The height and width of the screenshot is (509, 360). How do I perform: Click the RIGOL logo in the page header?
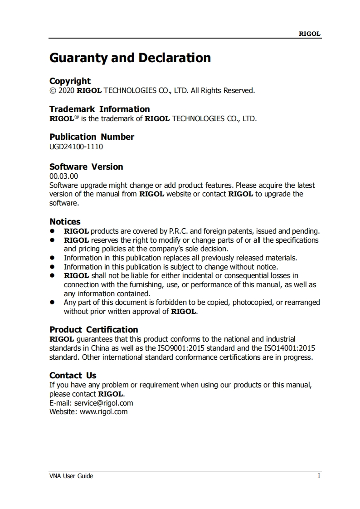[310, 34]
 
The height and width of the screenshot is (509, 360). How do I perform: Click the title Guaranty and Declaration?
[130, 58]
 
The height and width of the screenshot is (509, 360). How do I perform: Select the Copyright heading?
[70, 81]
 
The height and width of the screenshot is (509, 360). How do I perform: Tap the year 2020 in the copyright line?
[66, 91]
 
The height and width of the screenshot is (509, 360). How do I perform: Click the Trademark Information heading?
[99, 109]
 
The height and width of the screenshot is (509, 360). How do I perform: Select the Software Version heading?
[86, 167]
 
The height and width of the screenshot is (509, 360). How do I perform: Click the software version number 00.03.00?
[63, 176]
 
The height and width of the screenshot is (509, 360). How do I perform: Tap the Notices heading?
[65, 222]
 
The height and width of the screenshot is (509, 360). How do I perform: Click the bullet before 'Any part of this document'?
[53, 302]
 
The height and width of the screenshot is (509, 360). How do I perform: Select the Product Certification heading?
[93, 330]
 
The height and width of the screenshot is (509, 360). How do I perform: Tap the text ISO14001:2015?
[289, 348]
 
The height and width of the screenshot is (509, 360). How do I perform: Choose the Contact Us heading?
[73, 376]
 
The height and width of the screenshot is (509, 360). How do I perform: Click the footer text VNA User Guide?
[71, 476]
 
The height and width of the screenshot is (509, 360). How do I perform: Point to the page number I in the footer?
[319, 476]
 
